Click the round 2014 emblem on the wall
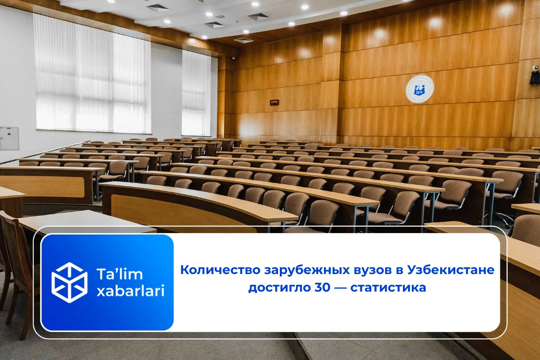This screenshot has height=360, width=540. [x=420, y=89]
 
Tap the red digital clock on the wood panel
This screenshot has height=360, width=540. [x=274, y=103]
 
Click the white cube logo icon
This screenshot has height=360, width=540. [x=69, y=282]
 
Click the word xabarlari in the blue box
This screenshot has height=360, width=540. [x=130, y=291]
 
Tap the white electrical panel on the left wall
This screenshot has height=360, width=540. [x=9, y=138]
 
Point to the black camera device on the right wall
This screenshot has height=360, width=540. [x=535, y=74]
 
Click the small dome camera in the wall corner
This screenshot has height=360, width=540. [x=233, y=58]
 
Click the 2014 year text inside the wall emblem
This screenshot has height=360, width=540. [x=420, y=93]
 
